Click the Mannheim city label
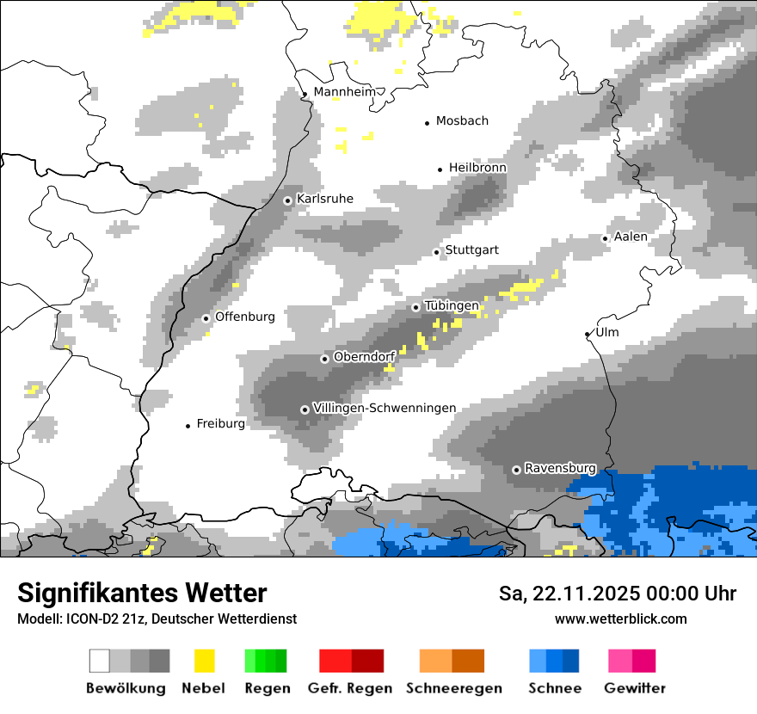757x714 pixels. click(x=346, y=92)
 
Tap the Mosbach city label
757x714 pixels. click(x=462, y=121)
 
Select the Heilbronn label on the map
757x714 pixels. click(x=477, y=168)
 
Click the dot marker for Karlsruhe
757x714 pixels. click(x=288, y=200)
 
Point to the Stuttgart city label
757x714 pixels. click(x=471, y=250)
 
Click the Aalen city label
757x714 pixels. click(x=631, y=237)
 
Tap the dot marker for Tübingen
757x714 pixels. click(x=416, y=307)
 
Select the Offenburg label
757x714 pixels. click(x=245, y=317)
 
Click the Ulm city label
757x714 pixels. click(x=606, y=332)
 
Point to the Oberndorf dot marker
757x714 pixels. click(x=324, y=359)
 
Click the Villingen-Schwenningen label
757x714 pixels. click(x=385, y=408)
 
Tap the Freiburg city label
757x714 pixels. click(x=220, y=423)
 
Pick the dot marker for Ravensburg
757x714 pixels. click(x=516, y=470)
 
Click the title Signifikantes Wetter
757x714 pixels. click(x=142, y=593)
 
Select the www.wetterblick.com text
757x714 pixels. click(x=620, y=619)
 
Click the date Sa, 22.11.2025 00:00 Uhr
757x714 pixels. click(x=617, y=594)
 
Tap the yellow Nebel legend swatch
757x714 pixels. click(x=204, y=661)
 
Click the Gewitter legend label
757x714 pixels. click(x=634, y=688)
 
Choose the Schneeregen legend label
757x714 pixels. click(x=453, y=688)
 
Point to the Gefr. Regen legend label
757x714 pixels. click(x=350, y=688)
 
